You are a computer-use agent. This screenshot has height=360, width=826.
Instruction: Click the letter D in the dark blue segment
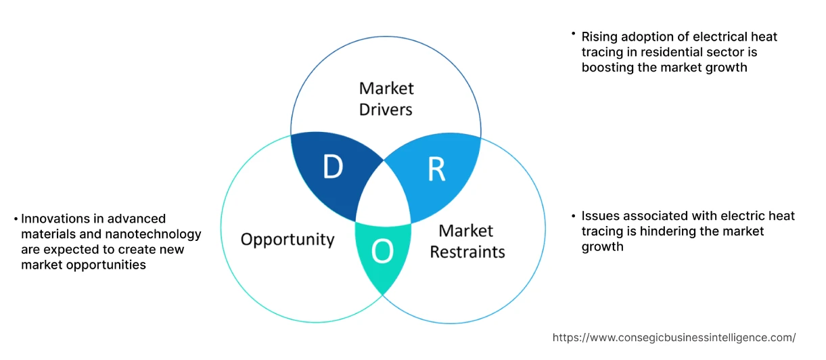332,167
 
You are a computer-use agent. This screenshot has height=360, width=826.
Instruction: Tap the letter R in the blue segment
436,171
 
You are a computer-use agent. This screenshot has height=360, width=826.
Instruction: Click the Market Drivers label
386,99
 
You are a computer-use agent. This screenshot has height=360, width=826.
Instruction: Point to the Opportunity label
288,240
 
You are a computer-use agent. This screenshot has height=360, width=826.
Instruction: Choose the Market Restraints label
467,242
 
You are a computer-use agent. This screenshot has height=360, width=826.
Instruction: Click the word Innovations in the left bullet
55,219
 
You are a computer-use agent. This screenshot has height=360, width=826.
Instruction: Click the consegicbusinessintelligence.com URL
674,337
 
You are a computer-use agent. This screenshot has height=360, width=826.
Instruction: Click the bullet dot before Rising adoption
573,34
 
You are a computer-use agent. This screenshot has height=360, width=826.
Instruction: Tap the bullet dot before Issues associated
573,216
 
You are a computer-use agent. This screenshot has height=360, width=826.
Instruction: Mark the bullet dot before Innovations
16,219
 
